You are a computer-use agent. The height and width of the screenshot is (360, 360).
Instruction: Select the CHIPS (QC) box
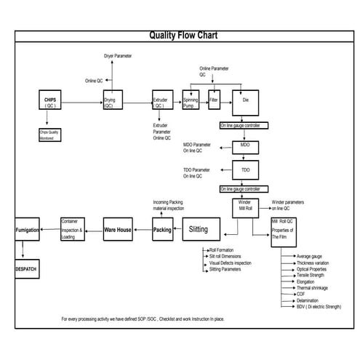click(x=51, y=102)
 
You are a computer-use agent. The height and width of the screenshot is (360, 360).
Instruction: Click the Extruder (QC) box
click(x=161, y=102)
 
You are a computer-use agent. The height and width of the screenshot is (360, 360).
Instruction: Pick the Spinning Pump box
click(x=192, y=101)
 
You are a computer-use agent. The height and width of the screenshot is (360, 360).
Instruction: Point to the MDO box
click(x=245, y=146)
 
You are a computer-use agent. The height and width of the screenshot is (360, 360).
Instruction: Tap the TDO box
click(x=245, y=172)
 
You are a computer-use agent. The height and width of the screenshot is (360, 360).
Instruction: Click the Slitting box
click(x=198, y=229)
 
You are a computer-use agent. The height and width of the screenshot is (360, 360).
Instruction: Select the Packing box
click(x=163, y=230)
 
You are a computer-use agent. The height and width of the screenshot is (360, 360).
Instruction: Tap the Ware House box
click(x=118, y=230)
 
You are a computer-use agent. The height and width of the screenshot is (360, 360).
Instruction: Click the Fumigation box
click(x=27, y=230)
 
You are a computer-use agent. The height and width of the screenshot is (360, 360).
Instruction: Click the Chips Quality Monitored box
click(x=51, y=134)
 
